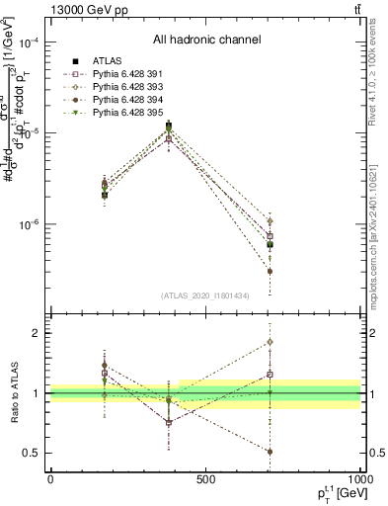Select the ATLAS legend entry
(94, 61)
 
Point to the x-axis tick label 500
(205, 478)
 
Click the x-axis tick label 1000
(360, 478)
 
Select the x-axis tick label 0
(50, 478)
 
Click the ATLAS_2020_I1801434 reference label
(205, 295)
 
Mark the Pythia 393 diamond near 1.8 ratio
(270, 342)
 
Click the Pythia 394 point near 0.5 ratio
(270, 451)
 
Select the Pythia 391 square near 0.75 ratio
(170, 422)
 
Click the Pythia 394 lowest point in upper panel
(270, 271)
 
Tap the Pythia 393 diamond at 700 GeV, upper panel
(270, 221)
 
